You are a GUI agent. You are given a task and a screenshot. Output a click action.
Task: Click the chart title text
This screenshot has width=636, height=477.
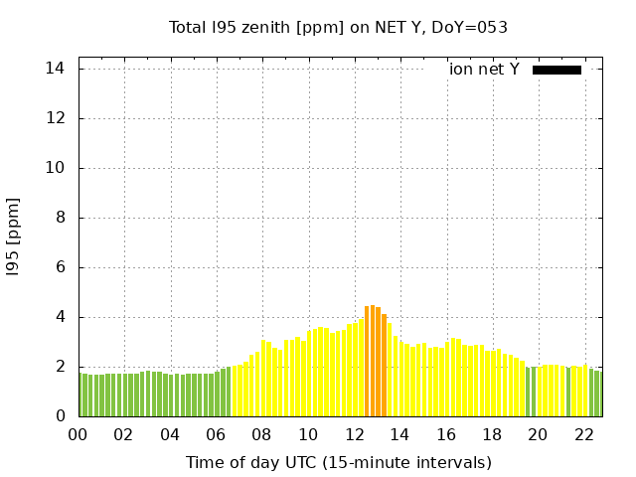(338, 27)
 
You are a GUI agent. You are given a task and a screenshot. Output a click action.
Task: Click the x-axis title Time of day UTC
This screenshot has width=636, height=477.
(338, 462)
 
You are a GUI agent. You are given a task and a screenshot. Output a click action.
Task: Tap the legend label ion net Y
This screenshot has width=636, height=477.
(484, 70)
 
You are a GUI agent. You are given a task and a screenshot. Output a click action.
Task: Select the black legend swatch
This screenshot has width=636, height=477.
(556, 70)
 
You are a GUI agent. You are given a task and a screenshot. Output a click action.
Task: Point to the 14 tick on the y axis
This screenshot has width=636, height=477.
(56, 69)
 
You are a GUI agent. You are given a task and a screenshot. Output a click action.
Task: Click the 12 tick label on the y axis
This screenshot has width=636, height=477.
(56, 118)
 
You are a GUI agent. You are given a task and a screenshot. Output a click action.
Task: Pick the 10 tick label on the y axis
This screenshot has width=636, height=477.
(56, 168)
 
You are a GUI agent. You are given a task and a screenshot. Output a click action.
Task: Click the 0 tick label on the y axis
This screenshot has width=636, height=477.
(61, 416)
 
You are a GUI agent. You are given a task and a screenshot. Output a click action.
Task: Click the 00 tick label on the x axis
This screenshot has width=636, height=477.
(79, 434)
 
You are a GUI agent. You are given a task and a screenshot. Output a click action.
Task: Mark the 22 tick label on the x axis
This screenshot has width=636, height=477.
(584, 434)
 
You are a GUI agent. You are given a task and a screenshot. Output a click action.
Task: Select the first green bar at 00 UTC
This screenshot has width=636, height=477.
(81, 396)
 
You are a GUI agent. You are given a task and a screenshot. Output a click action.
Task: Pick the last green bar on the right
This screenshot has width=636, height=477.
(597, 394)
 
